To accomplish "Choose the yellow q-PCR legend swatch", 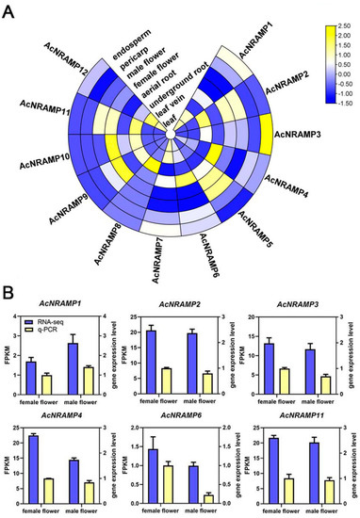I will (36, 333).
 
